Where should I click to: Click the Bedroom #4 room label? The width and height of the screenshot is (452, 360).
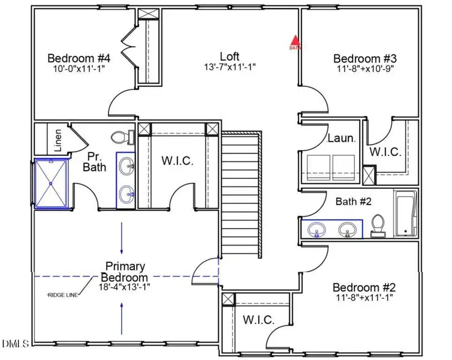[x=79, y=58]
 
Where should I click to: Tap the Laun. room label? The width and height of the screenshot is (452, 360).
[x=342, y=138]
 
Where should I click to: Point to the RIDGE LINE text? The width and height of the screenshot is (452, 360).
[x=63, y=295]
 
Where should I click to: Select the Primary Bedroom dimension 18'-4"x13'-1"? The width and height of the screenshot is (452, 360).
[x=124, y=287]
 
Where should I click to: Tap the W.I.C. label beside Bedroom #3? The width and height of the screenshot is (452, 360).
[x=385, y=152]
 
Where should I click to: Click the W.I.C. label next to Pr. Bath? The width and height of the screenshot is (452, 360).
[x=177, y=161]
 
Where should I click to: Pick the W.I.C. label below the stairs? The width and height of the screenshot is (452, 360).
[x=258, y=320]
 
